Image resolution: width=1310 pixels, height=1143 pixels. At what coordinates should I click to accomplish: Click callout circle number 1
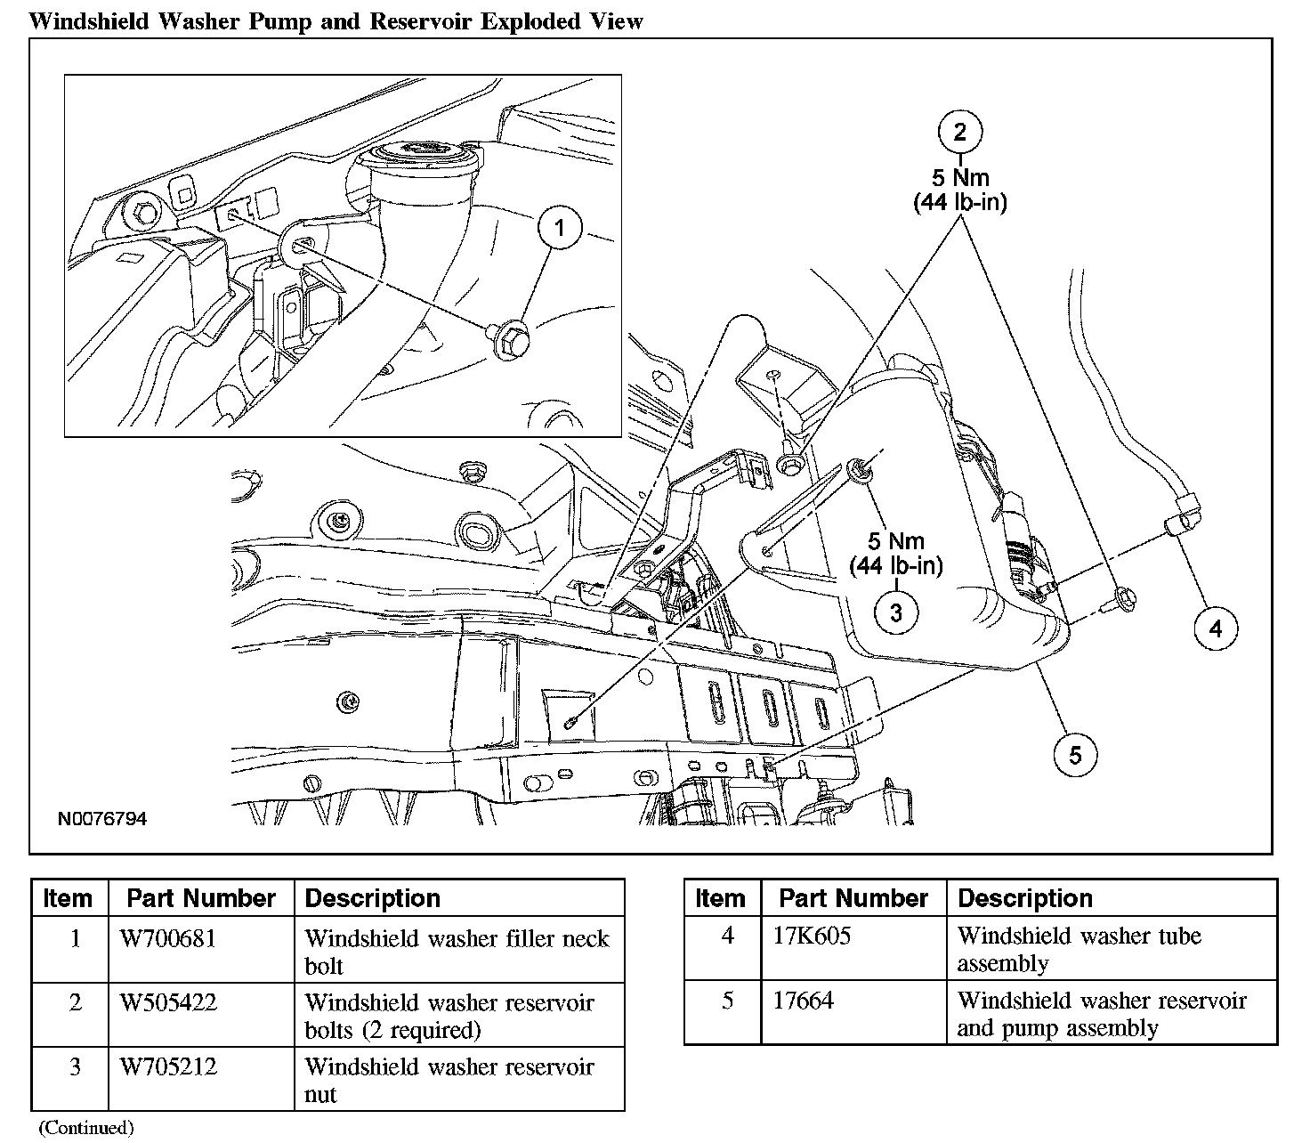tap(559, 229)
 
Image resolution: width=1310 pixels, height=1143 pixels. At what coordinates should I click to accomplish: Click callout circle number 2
tap(959, 132)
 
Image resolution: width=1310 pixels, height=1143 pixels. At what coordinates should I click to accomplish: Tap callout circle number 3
tap(895, 612)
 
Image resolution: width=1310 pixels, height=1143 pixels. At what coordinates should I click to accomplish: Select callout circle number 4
tap(1216, 628)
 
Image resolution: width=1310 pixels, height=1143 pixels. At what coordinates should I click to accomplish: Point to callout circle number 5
tap(1076, 755)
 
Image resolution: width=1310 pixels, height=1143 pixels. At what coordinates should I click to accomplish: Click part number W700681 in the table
tap(168, 938)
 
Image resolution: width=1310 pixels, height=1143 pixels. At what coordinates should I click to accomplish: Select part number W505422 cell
tap(168, 1002)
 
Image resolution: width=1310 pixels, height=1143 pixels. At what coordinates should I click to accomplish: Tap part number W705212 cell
tap(168, 1066)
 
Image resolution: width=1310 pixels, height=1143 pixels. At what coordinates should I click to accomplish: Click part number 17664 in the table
tap(803, 1001)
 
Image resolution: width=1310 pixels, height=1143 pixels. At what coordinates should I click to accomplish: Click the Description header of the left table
tap(372, 898)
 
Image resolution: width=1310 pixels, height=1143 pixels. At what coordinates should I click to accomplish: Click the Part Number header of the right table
tap(853, 898)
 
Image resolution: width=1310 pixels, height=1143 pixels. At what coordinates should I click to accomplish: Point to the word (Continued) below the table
tap(86, 1128)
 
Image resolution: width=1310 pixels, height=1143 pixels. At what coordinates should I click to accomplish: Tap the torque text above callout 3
tap(895, 553)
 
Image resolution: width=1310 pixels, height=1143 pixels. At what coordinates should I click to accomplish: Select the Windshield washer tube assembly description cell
tap(1079, 949)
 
